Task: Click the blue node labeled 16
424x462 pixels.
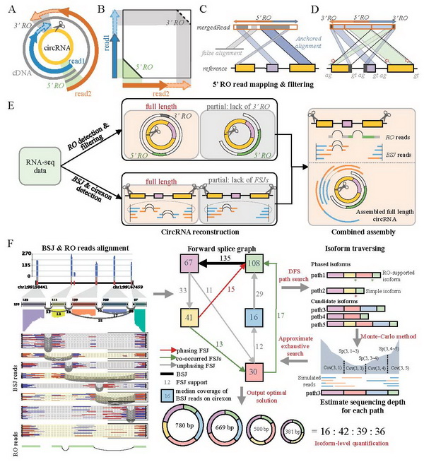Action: pyautogui.click(x=254, y=316)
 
